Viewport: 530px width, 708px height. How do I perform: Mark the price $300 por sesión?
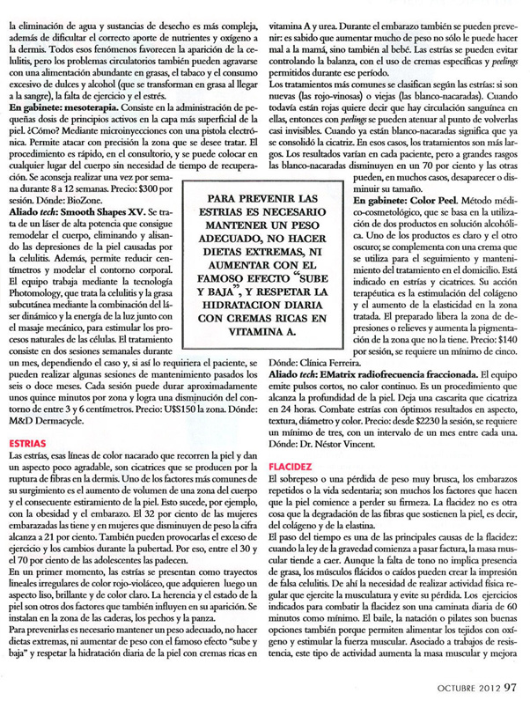click(217, 188)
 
